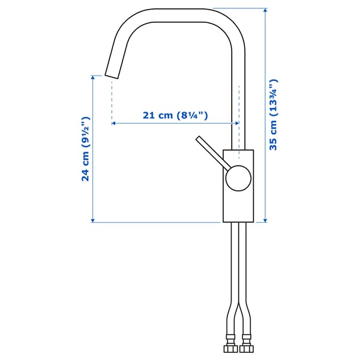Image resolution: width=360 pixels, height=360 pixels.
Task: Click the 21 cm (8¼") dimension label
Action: click(x=175, y=115)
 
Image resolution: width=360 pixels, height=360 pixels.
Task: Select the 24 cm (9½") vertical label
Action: click(x=85, y=149)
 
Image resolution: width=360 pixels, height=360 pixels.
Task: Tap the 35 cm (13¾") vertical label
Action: click(x=274, y=115)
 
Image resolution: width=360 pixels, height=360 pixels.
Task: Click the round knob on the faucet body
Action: click(x=238, y=178)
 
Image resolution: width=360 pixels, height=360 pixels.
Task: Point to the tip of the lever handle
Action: click(x=199, y=139)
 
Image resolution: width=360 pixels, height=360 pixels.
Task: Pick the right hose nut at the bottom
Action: click(x=245, y=348)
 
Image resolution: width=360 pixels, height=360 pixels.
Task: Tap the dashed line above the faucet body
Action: click(x=239, y=114)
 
